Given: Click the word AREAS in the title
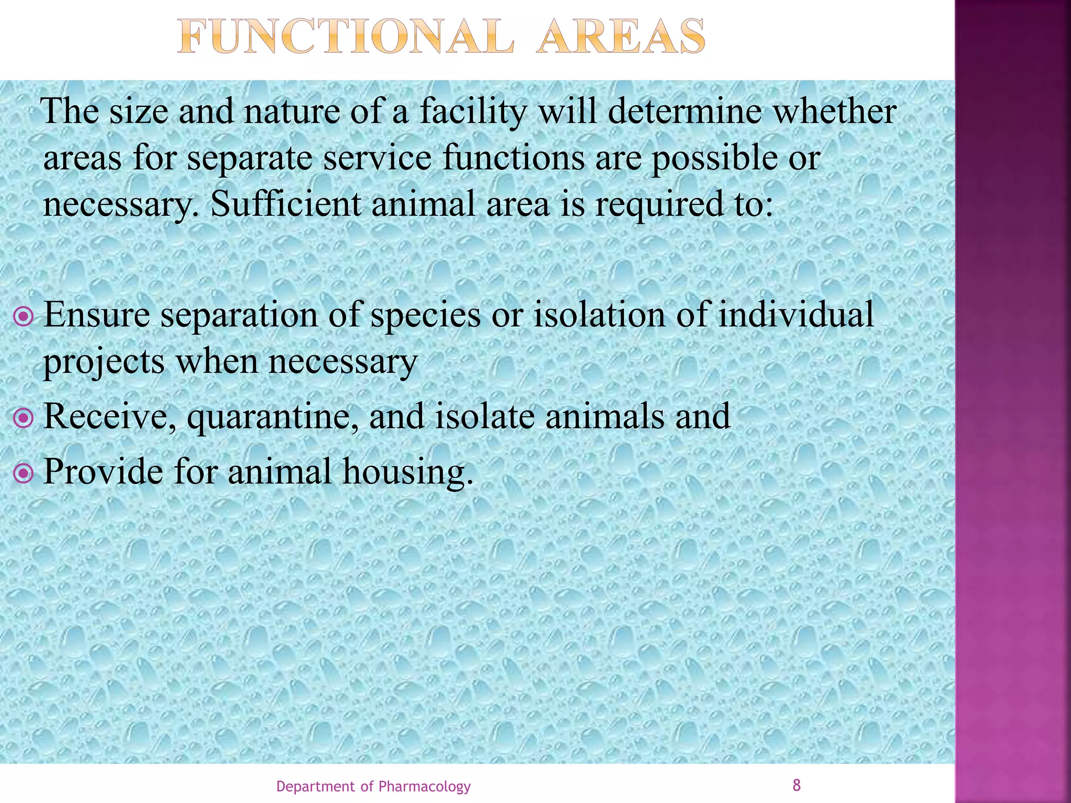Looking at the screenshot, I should (621, 37).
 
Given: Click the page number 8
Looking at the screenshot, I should (796, 785).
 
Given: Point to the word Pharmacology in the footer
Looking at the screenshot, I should (424, 786).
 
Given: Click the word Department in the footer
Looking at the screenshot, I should (315, 786).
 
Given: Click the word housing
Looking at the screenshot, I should (408, 472).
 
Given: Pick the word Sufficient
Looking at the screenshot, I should (286, 204).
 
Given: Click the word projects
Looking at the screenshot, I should (104, 362).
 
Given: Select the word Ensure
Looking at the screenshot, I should (97, 315).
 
